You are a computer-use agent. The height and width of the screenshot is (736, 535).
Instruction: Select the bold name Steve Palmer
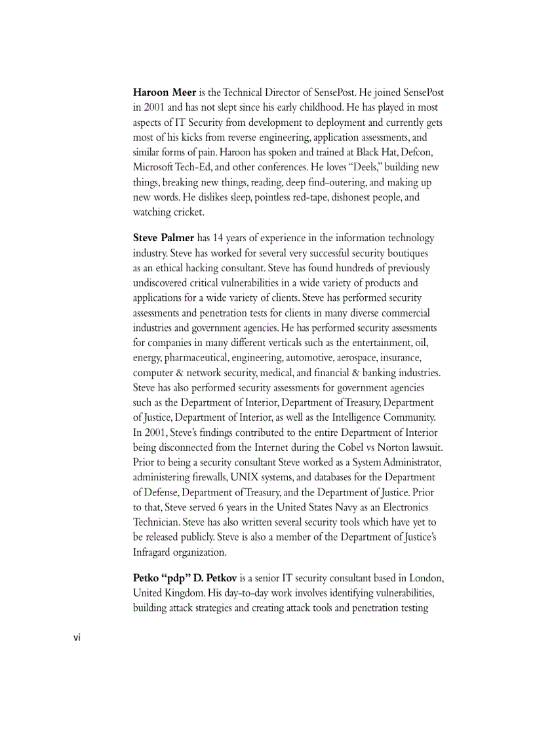(165, 238)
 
